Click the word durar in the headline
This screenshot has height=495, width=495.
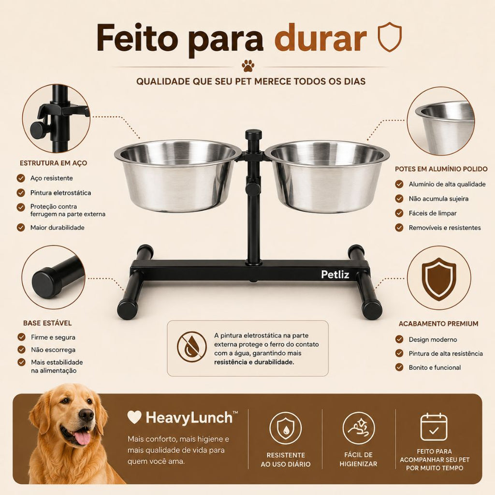(320, 38)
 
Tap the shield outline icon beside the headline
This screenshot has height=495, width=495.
(390, 37)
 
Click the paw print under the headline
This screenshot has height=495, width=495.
(248, 65)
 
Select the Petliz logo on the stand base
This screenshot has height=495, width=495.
(335, 275)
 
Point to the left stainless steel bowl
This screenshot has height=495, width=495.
(178, 175)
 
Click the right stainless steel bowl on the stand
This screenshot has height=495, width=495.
(327, 176)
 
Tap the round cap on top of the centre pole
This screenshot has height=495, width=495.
(253, 135)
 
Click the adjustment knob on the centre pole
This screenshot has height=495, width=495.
(253, 189)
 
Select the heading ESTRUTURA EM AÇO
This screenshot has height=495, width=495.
(53, 163)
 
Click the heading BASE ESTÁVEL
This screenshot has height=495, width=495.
(47, 323)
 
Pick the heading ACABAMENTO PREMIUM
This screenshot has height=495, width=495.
(438, 323)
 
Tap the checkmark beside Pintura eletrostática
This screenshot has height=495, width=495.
(21, 192)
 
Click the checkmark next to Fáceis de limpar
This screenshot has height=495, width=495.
(399, 213)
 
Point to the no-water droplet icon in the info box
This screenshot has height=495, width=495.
(191, 347)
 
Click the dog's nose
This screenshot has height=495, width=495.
(86, 414)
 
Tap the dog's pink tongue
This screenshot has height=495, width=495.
(82, 438)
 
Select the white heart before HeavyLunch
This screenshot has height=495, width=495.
(134, 417)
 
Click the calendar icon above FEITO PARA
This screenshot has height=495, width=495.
(434, 427)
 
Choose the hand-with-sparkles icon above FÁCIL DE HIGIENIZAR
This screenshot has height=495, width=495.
(359, 428)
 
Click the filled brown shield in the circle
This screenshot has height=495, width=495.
(439, 278)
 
